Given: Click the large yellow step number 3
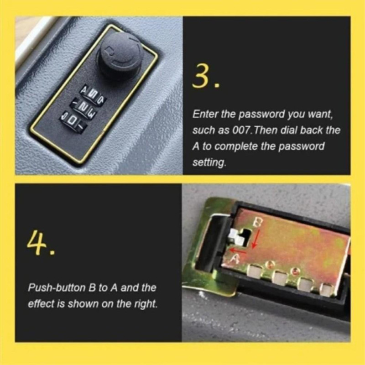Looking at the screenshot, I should pyautogui.click(x=207, y=77).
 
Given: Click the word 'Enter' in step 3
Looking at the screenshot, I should pyautogui.click(x=203, y=114).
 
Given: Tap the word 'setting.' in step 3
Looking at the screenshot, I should pyautogui.click(x=209, y=162).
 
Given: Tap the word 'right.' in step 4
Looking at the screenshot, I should pyautogui.click(x=146, y=304).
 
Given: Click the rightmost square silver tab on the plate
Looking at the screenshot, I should pyautogui.click(x=326, y=289).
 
